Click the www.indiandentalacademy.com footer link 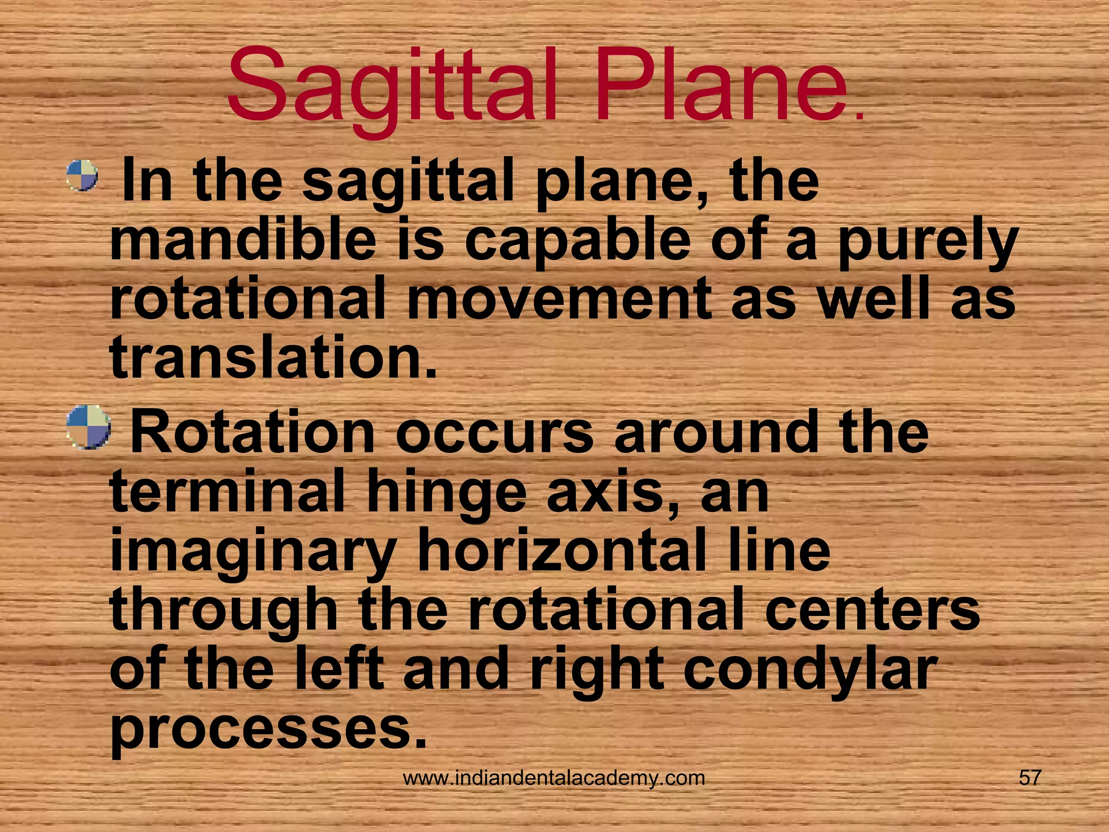click(x=554, y=778)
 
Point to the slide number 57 click(x=1029, y=778)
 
